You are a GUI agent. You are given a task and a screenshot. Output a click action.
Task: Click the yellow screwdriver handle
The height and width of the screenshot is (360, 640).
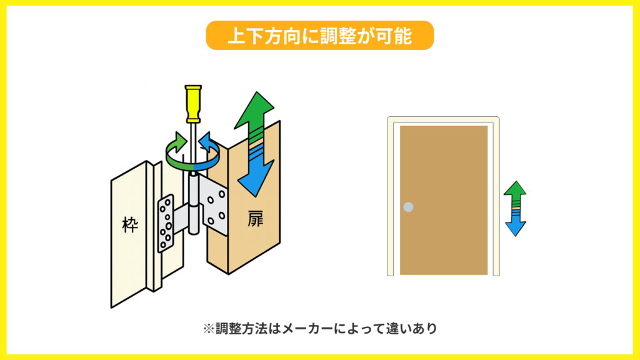click(x=192, y=103)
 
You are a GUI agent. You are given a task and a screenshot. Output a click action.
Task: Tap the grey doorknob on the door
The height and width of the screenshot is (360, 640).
click(x=408, y=207)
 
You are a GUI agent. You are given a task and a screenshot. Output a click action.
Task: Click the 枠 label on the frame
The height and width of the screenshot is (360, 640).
click(x=129, y=225)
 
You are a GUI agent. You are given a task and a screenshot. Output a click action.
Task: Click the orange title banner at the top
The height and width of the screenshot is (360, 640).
click(x=319, y=35)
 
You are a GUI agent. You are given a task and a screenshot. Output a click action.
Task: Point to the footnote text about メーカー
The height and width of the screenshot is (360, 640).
click(x=319, y=329)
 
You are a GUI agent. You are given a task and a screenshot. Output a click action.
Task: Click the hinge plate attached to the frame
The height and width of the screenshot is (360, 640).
click(x=166, y=222)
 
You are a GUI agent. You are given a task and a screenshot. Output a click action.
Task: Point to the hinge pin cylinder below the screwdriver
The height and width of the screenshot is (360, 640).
click(x=193, y=206)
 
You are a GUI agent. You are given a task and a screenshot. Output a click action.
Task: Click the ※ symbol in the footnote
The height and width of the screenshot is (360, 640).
click(x=208, y=329)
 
